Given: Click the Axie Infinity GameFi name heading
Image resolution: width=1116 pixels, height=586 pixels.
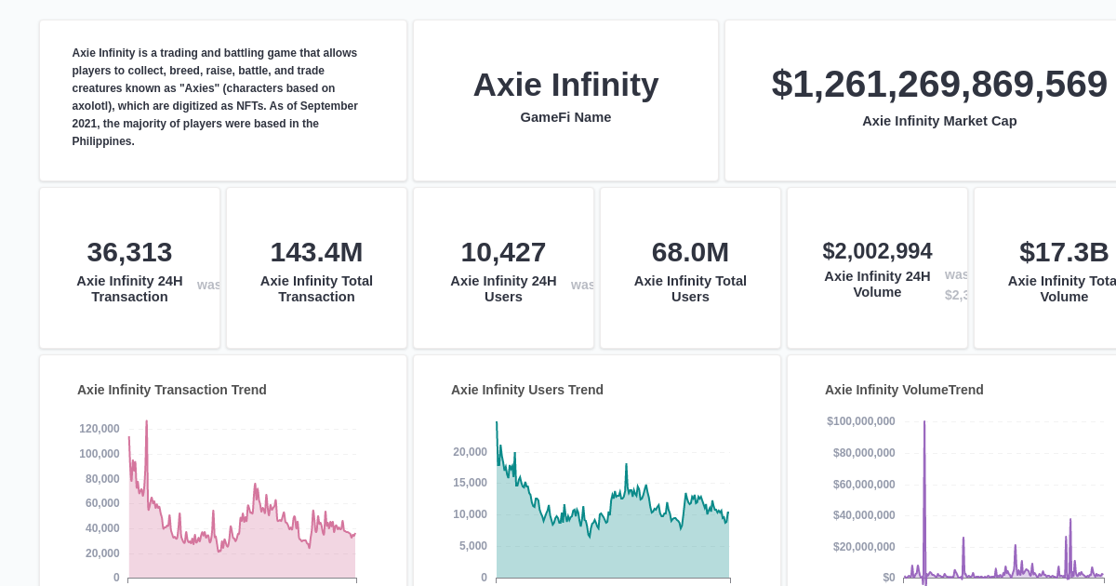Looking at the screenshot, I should pyautogui.click(x=565, y=85).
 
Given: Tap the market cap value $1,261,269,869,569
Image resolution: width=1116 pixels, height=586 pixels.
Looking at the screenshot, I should pyautogui.click(x=939, y=84).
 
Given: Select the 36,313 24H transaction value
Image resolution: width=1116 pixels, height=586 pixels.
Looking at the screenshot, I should pyautogui.click(x=129, y=252).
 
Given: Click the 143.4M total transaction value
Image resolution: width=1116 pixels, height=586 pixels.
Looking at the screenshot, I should pyautogui.click(x=316, y=252).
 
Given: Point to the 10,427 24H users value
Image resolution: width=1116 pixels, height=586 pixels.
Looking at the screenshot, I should pyautogui.click(x=503, y=252).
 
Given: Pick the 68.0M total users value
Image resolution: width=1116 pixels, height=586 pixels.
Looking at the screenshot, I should pyautogui.click(x=690, y=252).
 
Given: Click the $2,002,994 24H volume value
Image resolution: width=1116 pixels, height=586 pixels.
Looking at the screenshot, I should pyautogui.click(x=877, y=251).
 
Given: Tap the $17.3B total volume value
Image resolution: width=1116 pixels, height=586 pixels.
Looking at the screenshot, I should pyautogui.click(x=1064, y=252).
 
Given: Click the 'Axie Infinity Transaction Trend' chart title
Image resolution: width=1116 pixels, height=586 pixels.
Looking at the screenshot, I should pyautogui.click(x=172, y=390).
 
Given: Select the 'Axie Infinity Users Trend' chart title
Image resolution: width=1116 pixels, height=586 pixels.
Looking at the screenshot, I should pyautogui.click(x=527, y=390).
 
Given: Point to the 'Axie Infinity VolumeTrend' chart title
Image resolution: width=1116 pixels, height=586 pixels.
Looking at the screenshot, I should pyautogui.click(x=904, y=390).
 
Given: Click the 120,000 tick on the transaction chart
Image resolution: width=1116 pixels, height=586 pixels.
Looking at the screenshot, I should pyautogui.click(x=100, y=429).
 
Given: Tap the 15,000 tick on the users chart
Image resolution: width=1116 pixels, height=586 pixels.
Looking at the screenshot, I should pyautogui.click(x=470, y=483).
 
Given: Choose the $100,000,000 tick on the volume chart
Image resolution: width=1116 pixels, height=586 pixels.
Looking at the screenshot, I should pyautogui.click(x=861, y=421).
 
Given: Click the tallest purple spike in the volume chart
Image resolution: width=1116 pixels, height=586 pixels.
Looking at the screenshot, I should pyautogui.click(x=924, y=424).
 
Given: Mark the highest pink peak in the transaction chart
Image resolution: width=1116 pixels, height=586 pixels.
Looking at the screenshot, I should pyautogui.click(x=146, y=423).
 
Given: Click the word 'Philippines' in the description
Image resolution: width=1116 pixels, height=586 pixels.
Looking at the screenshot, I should pyautogui.click(x=103, y=141).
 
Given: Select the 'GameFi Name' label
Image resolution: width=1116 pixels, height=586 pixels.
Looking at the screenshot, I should pyautogui.click(x=565, y=117).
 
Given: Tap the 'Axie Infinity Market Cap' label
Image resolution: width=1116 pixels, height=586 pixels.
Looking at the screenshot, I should pyautogui.click(x=939, y=121).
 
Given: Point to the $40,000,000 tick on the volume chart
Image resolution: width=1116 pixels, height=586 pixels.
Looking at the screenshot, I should pyautogui.click(x=864, y=515).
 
